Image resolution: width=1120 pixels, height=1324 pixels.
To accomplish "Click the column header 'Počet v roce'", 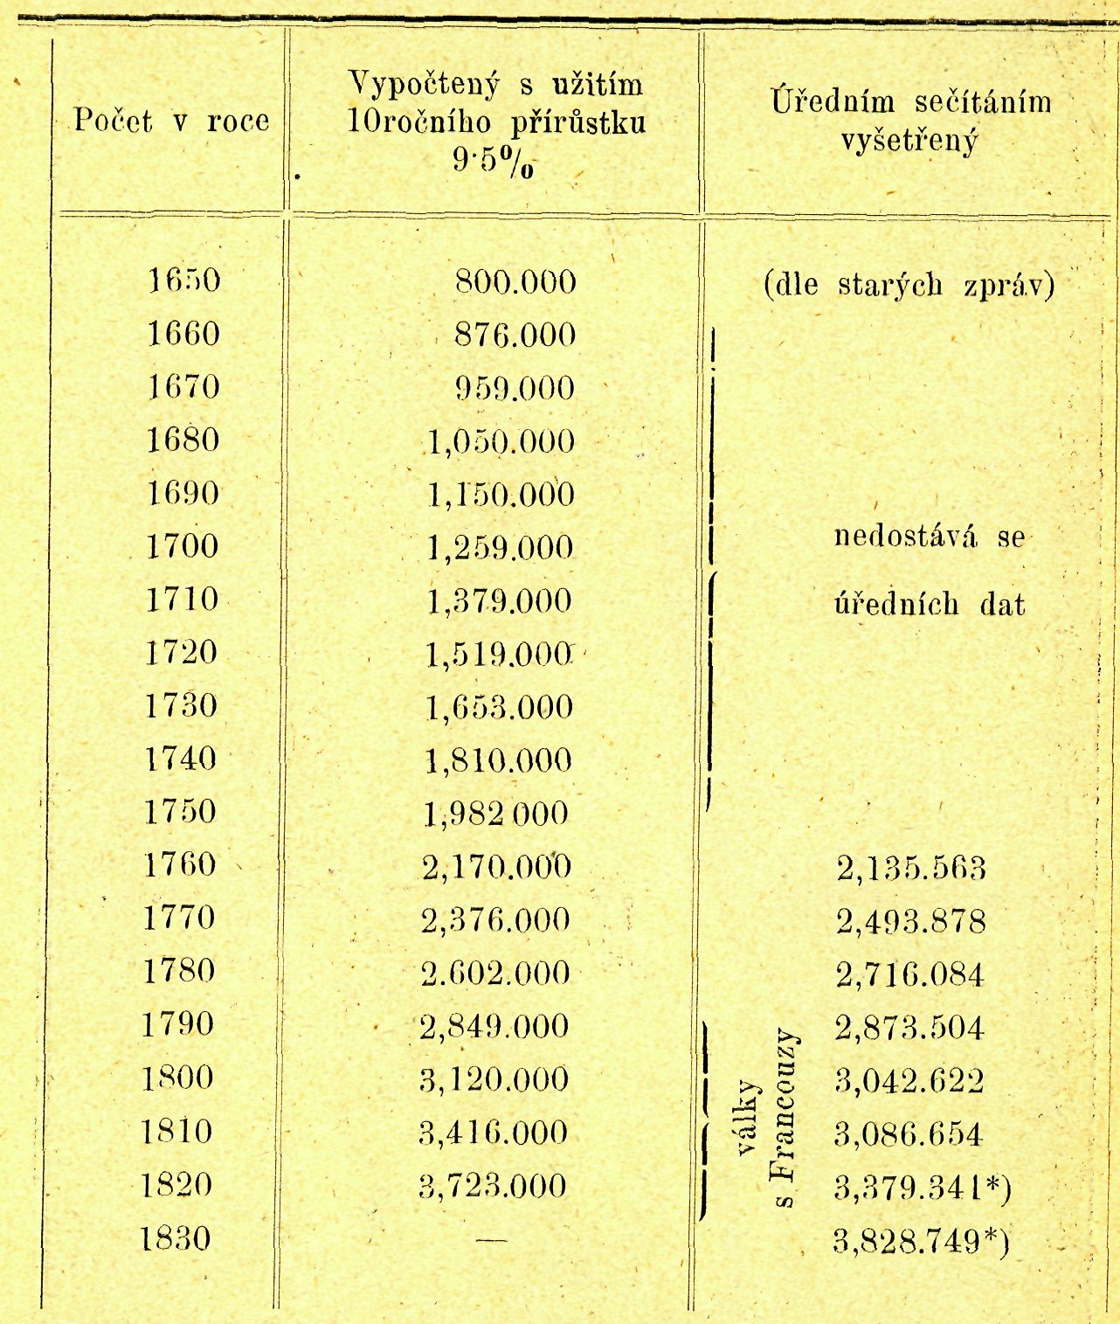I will point(171,121).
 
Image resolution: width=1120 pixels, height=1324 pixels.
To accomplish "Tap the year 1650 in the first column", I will point(183,281).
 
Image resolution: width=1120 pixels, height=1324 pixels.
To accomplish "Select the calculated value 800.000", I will point(515,282).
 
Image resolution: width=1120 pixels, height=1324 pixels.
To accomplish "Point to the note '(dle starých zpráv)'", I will point(909,285).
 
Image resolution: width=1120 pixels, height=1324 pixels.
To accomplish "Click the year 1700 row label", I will point(182,547).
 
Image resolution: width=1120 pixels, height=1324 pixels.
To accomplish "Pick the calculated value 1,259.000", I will point(500,549).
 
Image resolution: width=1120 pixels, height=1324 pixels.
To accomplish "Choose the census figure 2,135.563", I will point(911,869).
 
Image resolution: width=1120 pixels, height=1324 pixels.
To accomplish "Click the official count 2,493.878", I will point(911,922).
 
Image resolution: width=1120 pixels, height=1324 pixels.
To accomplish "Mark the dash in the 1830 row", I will point(492,1239).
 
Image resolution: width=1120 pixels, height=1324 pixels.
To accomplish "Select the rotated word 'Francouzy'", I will point(785,1119).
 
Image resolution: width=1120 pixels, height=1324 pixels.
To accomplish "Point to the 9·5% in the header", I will point(493,161).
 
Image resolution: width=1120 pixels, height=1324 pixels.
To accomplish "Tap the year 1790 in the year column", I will point(178,1024).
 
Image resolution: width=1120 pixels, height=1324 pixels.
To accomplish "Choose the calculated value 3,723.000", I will point(493,1186).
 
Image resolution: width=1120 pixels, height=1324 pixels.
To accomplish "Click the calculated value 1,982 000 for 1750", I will point(496,815).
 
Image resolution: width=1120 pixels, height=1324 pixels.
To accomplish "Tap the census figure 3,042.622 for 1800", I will point(909,1081).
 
